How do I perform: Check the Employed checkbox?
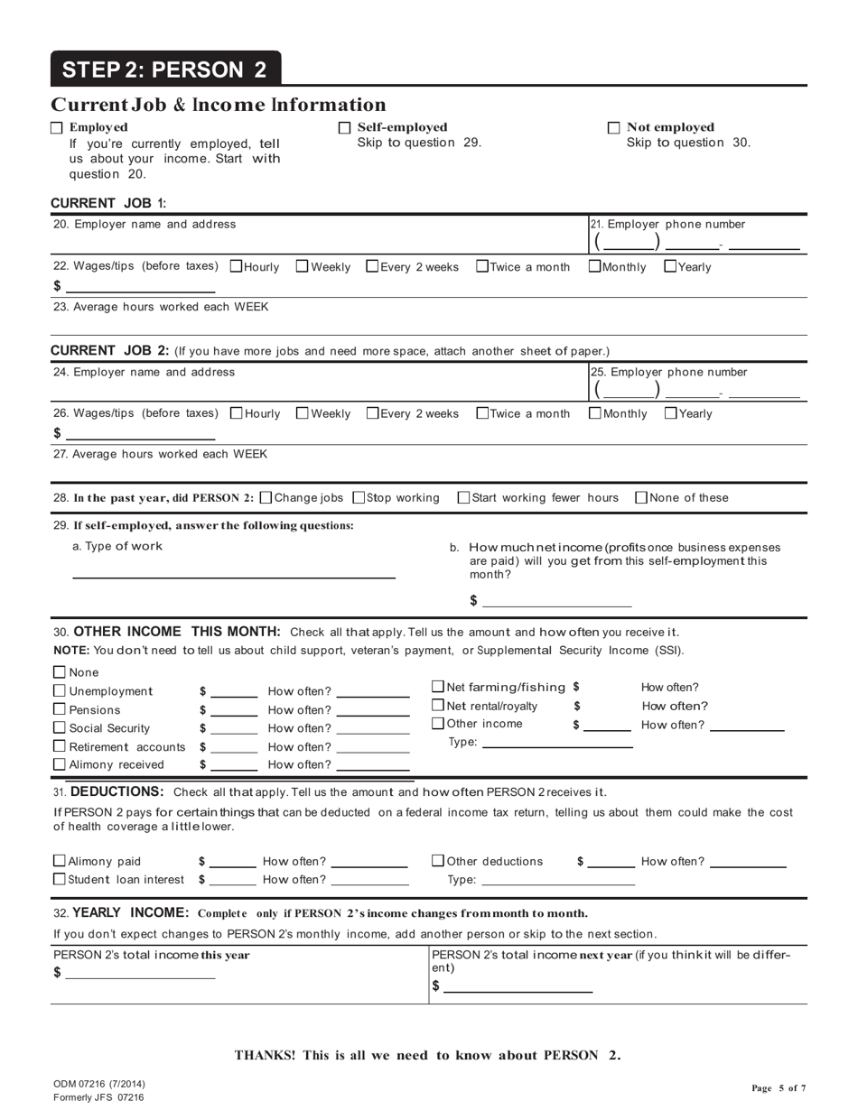(x=57, y=128)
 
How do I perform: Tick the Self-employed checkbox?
(x=344, y=128)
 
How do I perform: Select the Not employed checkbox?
(x=614, y=128)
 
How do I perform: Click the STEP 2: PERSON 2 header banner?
(x=165, y=69)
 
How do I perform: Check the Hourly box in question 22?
(x=237, y=266)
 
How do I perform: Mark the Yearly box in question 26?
(x=670, y=413)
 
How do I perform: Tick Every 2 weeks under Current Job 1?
(x=372, y=266)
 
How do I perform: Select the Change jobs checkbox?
(x=266, y=497)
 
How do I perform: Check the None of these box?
(x=641, y=497)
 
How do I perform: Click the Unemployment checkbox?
(x=60, y=691)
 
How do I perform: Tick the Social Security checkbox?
(x=60, y=728)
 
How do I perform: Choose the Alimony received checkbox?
(x=60, y=765)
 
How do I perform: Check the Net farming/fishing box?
(x=438, y=687)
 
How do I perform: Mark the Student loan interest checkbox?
(x=60, y=879)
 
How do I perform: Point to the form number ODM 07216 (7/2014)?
(x=99, y=1084)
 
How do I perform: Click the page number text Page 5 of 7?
(x=779, y=1088)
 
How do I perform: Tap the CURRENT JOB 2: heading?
(x=109, y=350)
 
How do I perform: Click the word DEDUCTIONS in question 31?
(x=117, y=792)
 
